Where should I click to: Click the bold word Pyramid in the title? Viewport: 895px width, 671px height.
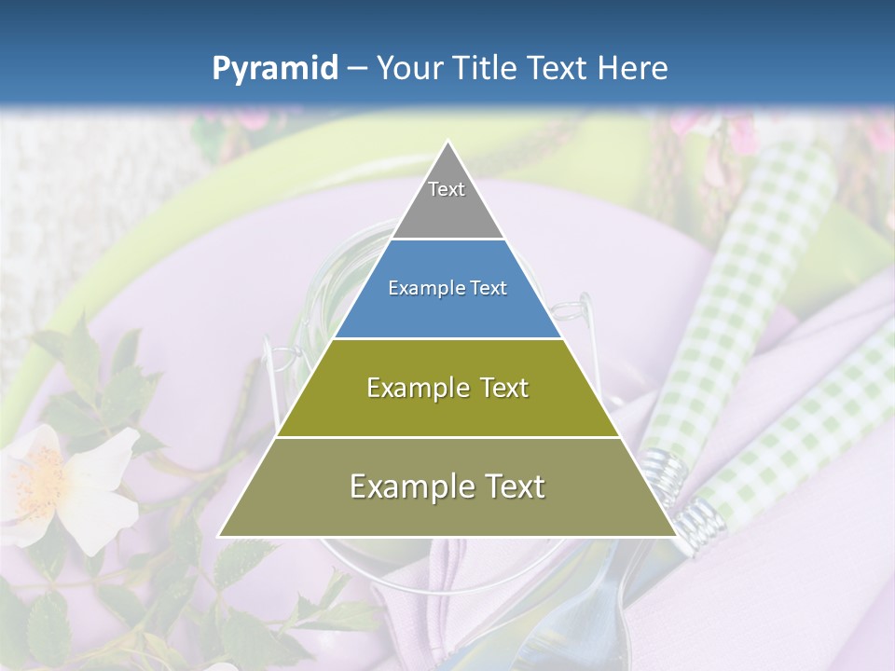coord(274,69)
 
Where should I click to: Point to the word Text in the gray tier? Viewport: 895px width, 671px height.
coord(447,189)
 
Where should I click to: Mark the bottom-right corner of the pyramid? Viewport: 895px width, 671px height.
coord(676,536)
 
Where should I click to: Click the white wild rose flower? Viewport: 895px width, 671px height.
coord(70,485)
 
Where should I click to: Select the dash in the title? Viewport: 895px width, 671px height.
coord(356,69)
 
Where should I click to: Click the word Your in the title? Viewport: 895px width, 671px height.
coord(406,68)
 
